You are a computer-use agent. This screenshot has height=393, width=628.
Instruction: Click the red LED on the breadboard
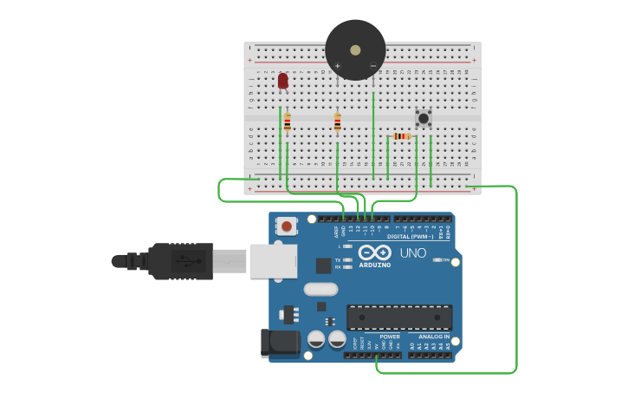tap(282, 81)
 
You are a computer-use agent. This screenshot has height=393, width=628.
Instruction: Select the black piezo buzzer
tap(355, 49)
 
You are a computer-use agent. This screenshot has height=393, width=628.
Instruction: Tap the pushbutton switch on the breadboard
tap(424, 117)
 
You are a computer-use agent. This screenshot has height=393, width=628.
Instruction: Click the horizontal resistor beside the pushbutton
tap(400, 136)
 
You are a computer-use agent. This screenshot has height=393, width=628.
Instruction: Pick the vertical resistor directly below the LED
tap(287, 122)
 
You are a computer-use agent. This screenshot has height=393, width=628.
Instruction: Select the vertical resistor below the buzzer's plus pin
tap(337, 122)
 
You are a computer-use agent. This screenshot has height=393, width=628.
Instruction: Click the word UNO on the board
tap(412, 253)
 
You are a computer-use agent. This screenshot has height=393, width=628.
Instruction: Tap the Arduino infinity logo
tap(375, 252)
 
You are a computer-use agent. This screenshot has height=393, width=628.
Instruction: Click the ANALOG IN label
tap(434, 337)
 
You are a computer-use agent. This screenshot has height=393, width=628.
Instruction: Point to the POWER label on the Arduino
tap(390, 337)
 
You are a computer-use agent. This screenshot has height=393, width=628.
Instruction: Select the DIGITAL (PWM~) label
tap(411, 236)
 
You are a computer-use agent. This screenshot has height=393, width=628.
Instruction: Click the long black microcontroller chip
tap(399, 317)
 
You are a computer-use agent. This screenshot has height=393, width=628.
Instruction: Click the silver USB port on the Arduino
tap(274, 261)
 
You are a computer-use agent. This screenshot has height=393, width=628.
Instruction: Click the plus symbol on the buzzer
tap(337, 66)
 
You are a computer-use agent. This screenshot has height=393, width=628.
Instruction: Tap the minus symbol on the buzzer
tap(373, 66)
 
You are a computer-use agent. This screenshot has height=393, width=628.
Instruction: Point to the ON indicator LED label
tap(447, 259)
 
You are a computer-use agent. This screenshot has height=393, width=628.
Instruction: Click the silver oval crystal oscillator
tap(320, 289)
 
